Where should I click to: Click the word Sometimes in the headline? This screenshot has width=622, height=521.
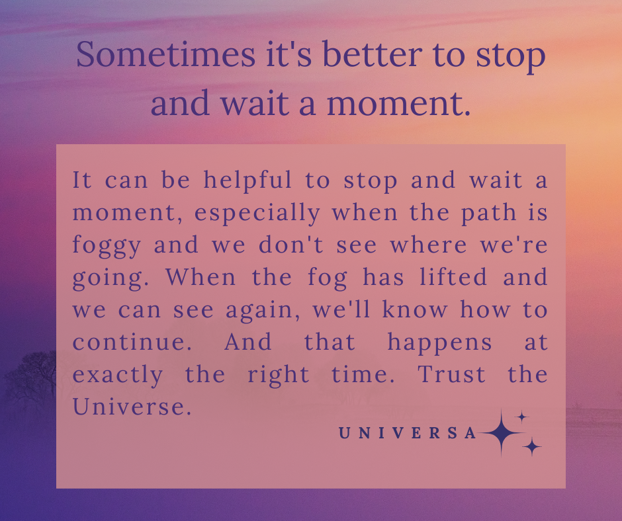166,54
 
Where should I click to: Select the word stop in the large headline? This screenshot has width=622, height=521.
511,56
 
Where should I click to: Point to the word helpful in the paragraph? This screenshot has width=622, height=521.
247,180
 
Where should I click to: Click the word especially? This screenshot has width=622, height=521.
257,214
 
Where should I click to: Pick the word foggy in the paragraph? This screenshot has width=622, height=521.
107,246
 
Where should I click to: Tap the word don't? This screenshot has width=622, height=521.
291,244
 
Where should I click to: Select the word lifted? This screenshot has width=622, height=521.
453,276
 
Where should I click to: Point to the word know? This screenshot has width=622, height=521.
414,309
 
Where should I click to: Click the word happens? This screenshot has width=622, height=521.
439,343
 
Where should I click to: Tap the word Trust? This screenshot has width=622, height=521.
451,374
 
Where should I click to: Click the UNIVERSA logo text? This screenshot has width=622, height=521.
408,433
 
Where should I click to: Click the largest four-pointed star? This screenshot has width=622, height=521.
502,432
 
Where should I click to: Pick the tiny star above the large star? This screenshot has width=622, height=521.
522,417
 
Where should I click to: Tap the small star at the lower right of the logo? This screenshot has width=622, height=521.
531,447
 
